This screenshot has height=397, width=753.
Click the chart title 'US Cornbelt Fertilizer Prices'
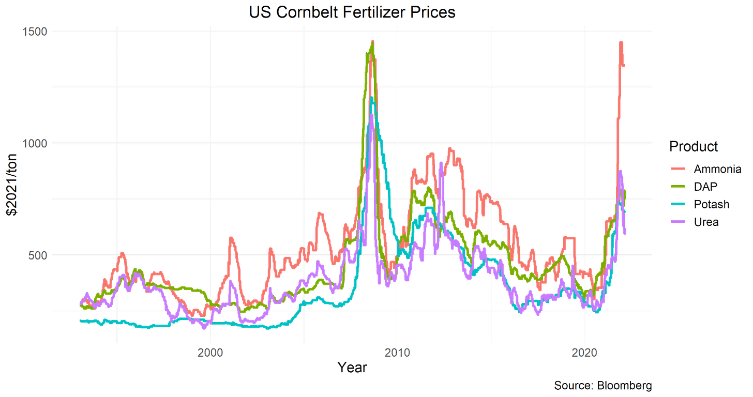pyautogui.click(x=352, y=12)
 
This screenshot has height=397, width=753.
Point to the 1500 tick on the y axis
pyautogui.click(x=35, y=31)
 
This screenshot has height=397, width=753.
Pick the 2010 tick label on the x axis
pyautogui.click(x=397, y=353)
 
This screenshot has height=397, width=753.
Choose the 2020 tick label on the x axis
pyautogui.click(x=584, y=353)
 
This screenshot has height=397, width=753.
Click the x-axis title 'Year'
pyautogui.click(x=353, y=368)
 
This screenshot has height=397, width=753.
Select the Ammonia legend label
pyautogui.click(x=717, y=170)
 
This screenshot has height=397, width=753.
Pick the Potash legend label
pyautogui.click(x=712, y=204)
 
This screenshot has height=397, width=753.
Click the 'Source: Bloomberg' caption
pyautogui.click(x=603, y=386)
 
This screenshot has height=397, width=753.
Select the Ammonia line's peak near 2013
pyautogui.click(x=450, y=148)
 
